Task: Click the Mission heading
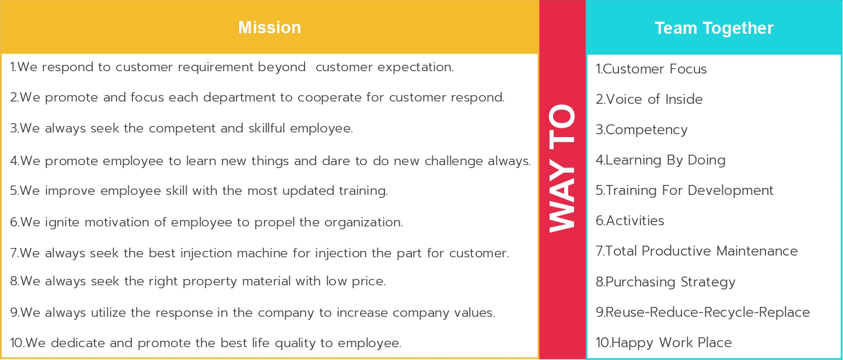click(x=270, y=27)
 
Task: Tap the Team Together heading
click(x=714, y=28)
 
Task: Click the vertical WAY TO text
click(x=562, y=168)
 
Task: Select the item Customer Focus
click(x=651, y=69)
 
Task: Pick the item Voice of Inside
click(x=649, y=99)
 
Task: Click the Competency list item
click(x=642, y=130)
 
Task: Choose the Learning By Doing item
click(x=660, y=160)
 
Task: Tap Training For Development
click(x=684, y=191)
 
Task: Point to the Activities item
click(x=630, y=221)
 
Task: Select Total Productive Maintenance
click(x=697, y=251)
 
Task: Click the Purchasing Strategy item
click(x=666, y=282)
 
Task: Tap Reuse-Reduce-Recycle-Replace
click(x=702, y=313)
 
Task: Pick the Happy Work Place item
click(x=664, y=343)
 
